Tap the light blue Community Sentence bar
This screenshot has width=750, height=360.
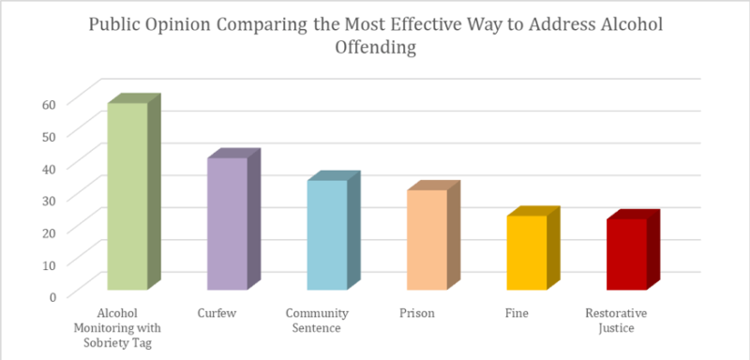pyautogui.click(x=327, y=234)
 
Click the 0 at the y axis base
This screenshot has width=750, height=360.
pyautogui.click(x=52, y=295)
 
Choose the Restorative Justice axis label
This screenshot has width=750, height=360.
pyautogui.click(x=616, y=320)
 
